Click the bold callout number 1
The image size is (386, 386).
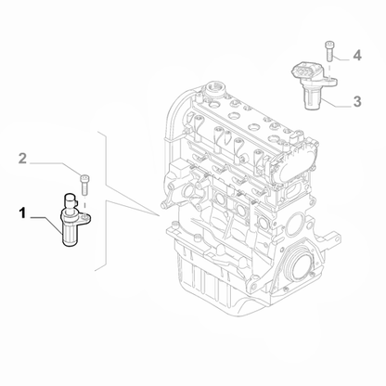22,213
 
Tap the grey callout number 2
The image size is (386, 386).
22,159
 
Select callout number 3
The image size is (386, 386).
357,101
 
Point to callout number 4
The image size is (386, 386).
357,56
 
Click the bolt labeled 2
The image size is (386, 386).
84,185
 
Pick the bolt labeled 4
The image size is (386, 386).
328,51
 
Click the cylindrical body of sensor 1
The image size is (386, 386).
71,235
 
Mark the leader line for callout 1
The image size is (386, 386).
46,225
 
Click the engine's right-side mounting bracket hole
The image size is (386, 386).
335,238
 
